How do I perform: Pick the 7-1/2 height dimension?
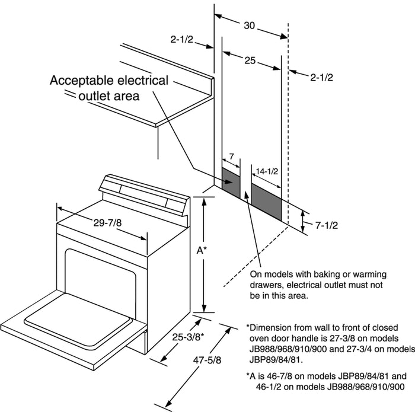326,225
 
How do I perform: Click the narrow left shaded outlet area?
231,181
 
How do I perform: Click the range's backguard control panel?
145,193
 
